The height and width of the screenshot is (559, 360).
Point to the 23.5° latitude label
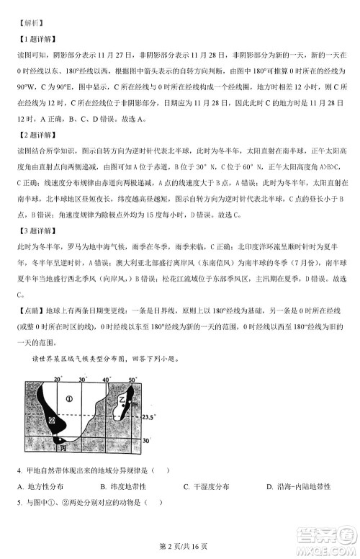point(149,416)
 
